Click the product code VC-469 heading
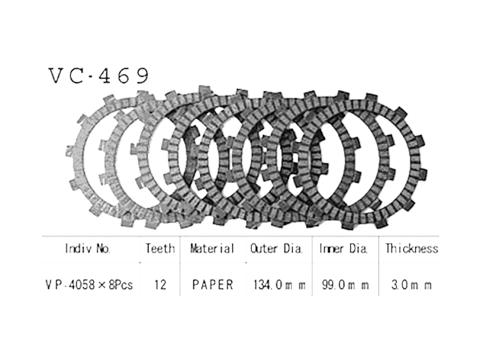[x=99, y=75]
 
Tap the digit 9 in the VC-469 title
[x=142, y=75]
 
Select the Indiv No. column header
[x=87, y=249]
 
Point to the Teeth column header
[x=160, y=249]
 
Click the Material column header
[x=212, y=249]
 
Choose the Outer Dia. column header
[x=276, y=249]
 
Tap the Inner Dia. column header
[x=343, y=249]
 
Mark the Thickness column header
[x=411, y=249]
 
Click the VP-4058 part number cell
[x=89, y=285]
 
